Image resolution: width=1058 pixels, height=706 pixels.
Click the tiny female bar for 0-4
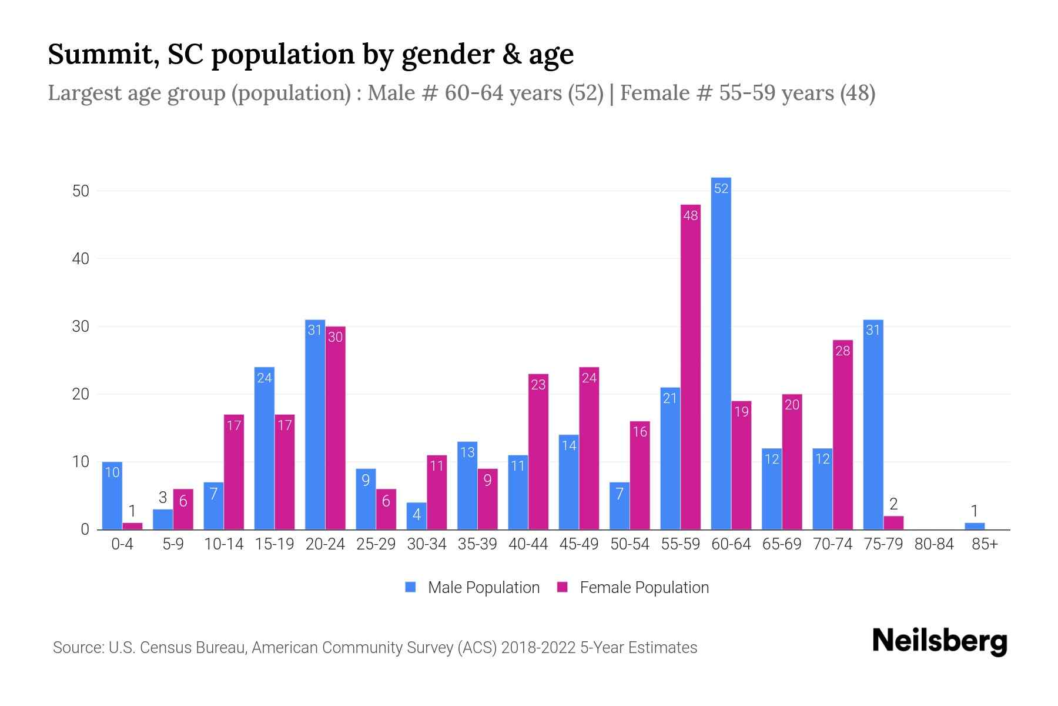pos(132,526)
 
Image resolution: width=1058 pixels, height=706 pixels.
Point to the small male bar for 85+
pos(974,526)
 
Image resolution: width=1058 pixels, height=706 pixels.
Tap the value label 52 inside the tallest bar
pos(721,188)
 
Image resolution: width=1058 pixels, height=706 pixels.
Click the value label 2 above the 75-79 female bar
pos(893,504)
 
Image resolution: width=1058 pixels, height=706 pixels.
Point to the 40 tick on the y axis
pos(81,259)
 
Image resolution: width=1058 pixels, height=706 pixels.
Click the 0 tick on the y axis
pos(85,529)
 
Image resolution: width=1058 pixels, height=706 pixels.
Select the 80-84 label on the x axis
pos(933,544)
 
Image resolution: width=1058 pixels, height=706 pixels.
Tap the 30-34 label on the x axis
pos(426,544)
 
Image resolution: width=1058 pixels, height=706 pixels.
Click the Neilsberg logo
pos(939,641)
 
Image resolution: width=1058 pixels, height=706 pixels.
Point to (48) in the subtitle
pos(857,93)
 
